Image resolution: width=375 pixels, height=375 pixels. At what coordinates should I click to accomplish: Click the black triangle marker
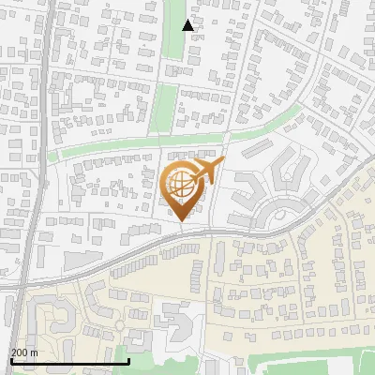coord(188,25)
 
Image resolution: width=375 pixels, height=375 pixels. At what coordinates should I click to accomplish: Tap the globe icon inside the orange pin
coord(182,186)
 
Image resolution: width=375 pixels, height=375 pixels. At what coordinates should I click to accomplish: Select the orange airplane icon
coord(208,171)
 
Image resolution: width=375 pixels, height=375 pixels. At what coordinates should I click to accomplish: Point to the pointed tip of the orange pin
coord(182,221)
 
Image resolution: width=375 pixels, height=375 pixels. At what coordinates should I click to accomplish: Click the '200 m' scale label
coord(23,352)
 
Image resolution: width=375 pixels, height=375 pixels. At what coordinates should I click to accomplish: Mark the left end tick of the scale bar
coord(10,360)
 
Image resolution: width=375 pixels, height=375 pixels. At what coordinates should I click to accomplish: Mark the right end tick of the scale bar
coord(128,360)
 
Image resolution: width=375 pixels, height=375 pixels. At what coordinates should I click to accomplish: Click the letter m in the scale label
coord(34,352)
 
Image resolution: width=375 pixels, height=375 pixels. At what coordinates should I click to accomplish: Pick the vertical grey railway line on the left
coord(32,187)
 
